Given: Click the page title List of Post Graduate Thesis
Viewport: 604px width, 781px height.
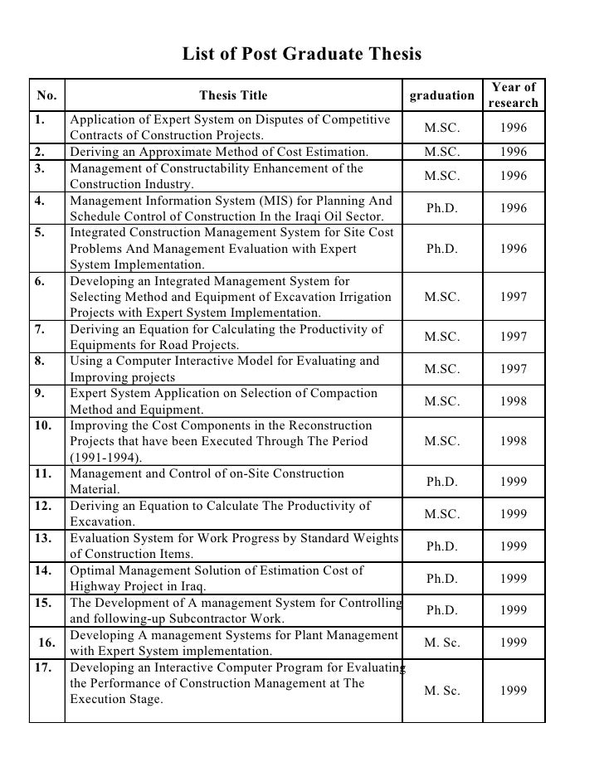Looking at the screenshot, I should click(302, 56).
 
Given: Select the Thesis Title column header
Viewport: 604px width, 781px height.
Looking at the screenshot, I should click(233, 95).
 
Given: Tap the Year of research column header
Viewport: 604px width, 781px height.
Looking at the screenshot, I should click(514, 95).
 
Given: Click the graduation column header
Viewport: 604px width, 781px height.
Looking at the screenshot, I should click(442, 95).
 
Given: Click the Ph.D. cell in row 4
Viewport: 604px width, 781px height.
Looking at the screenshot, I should click(441, 208).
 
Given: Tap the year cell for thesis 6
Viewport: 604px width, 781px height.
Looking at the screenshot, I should click(514, 297).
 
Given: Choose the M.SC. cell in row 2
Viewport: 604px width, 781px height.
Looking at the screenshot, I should click(441, 152).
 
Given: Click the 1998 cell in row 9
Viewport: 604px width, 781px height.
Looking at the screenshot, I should click(514, 401).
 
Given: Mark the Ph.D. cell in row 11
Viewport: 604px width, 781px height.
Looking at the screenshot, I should click(441, 482).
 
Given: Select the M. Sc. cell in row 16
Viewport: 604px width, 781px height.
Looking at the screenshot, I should click(441, 643).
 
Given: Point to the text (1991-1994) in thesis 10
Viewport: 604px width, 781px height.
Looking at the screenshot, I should click(106, 458).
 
